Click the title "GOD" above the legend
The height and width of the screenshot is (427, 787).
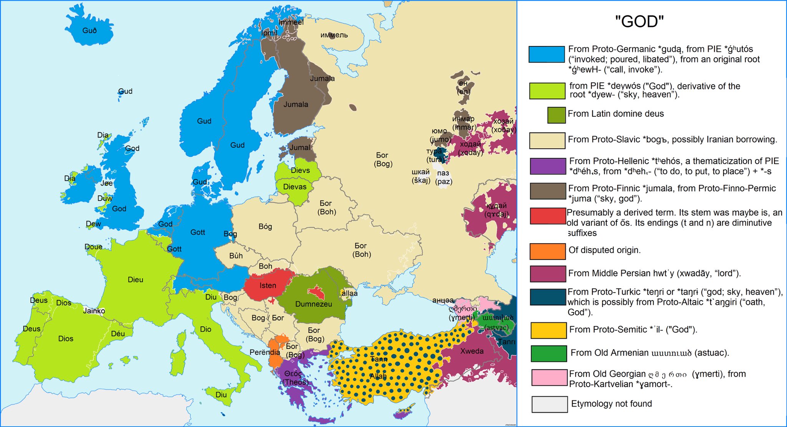639,22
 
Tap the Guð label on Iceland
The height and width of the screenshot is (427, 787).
90,30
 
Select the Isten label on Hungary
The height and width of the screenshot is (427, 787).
267,286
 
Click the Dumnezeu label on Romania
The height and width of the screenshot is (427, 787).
314,304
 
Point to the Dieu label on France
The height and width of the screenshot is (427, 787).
135,280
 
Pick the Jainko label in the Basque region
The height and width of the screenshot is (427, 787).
94,311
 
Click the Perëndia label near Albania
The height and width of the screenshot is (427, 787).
265,352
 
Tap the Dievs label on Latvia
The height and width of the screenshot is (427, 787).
300,170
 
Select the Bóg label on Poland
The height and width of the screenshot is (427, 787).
265,226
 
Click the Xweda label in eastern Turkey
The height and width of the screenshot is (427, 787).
472,351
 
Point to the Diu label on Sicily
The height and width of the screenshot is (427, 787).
221,395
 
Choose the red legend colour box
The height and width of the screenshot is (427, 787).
548,216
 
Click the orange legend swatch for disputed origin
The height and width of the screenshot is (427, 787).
548,251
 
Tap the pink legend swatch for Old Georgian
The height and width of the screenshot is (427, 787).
550,377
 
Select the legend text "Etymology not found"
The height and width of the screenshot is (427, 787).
611,404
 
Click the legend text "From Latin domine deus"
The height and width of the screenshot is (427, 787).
616,114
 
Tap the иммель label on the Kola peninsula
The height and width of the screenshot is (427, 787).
334,35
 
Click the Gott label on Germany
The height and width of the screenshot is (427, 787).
198,232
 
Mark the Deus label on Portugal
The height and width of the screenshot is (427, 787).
32,329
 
